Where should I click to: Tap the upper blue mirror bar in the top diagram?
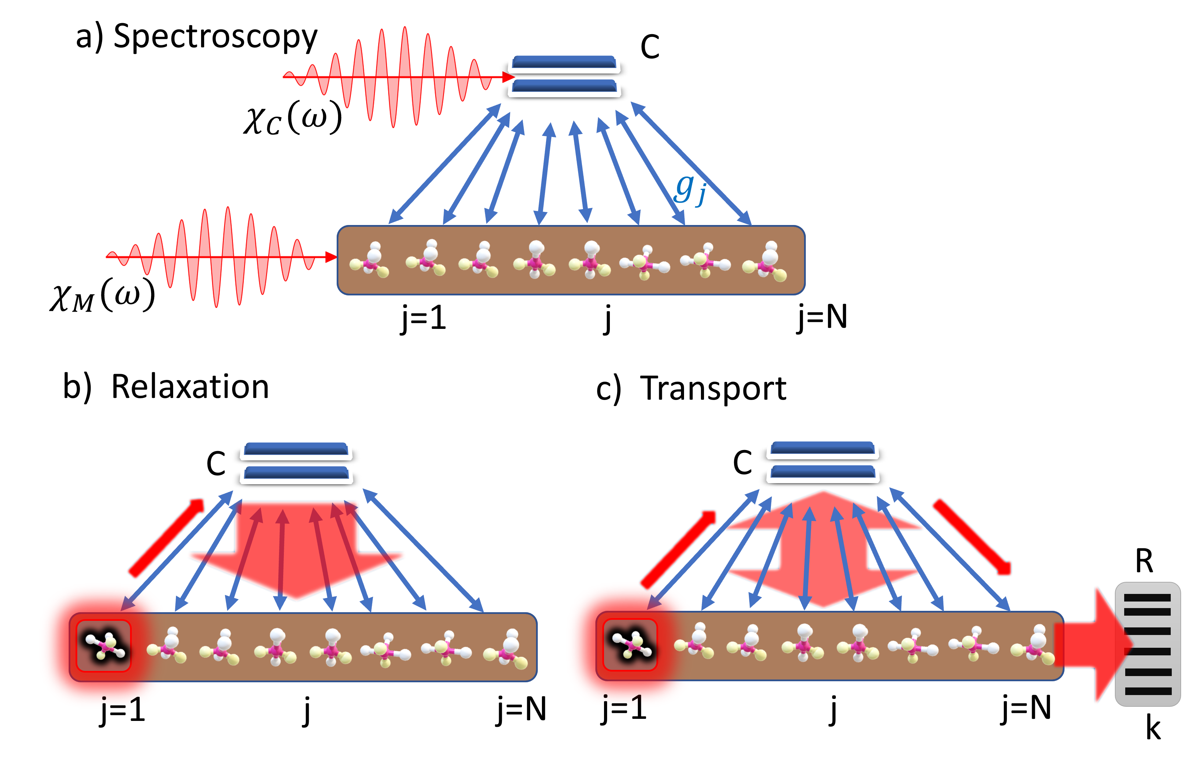pyautogui.click(x=564, y=63)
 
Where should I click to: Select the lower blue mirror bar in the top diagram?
pyautogui.click(x=564, y=87)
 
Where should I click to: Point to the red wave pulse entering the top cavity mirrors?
pyautogui.click(x=394, y=77)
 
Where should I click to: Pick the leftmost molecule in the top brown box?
pyautogui.click(x=370, y=260)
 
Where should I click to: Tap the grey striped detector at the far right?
pyautogui.click(x=1148, y=644)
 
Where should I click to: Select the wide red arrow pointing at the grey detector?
pyautogui.click(x=1093, y=644)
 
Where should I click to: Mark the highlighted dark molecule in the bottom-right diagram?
pyautogui.click(x=631, y=644)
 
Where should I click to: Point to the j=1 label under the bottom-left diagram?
pyautogui.click(x=122, y=703)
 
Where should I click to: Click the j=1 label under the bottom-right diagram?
pyautogui.click(x=623, y=702)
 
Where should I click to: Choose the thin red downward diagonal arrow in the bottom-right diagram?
pyautogui.click(x=971, y=537)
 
